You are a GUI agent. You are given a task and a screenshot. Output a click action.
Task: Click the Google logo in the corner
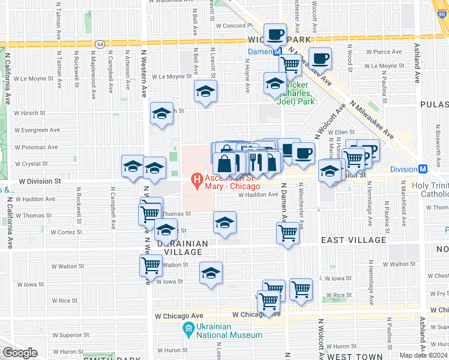19,353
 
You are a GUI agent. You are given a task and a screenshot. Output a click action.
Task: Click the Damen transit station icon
279,52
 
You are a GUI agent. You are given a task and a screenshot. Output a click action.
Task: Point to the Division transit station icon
423,169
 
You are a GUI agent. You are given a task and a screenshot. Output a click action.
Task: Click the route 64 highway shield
100,44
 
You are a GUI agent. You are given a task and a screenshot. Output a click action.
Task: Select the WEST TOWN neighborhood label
352,356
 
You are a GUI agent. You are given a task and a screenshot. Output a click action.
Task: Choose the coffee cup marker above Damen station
276,34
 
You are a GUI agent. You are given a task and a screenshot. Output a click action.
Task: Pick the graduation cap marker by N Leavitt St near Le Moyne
205,92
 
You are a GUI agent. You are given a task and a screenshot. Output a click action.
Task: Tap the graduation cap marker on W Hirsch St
161,113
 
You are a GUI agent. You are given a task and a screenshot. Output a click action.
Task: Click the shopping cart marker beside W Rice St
301,290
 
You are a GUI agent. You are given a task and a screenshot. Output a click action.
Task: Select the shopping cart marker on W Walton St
151,263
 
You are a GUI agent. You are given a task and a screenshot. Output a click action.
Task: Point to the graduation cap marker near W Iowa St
211,273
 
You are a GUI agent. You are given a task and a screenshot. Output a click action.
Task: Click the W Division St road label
40,180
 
